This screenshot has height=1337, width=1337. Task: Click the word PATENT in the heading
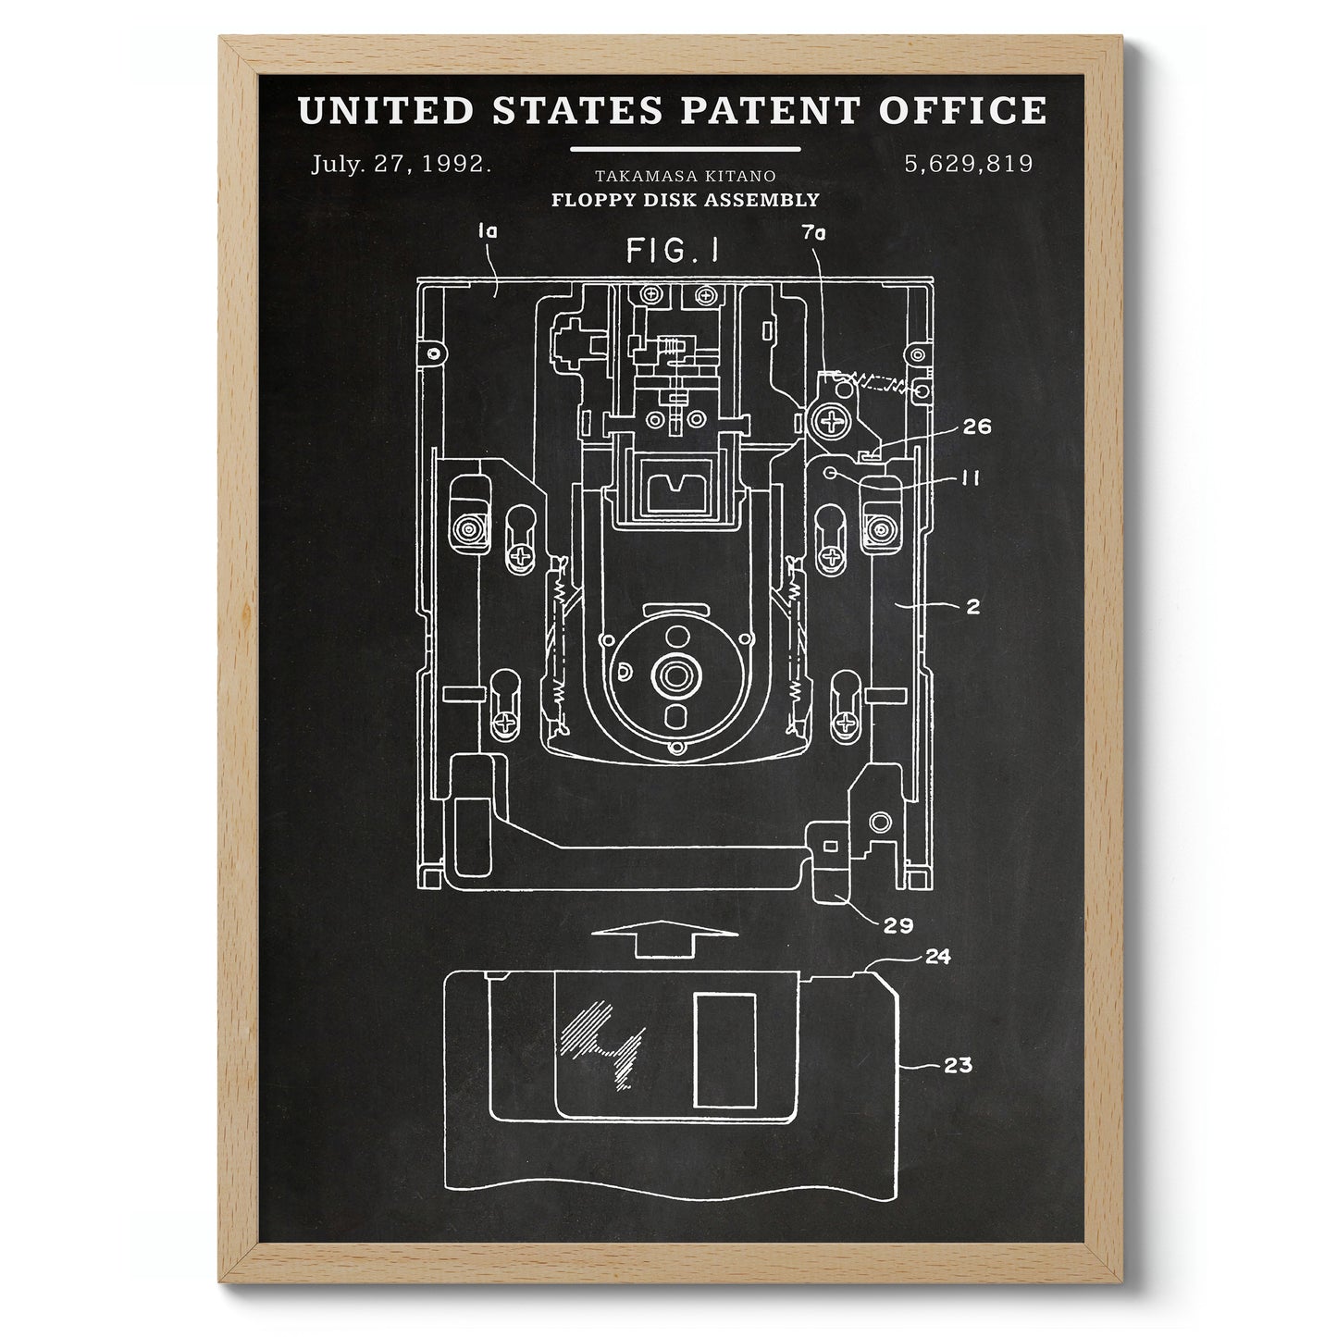[770, 110]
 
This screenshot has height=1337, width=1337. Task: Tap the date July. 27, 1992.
[401, 164]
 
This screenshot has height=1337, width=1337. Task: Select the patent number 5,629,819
[969, 164]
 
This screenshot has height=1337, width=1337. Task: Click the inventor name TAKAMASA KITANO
[685, 176]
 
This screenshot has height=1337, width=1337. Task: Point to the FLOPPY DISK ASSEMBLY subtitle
[685, 200]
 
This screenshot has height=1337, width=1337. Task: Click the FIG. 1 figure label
[673, 251]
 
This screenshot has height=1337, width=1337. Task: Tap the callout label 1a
[488, 232]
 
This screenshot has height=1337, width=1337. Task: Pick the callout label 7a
[814, 233]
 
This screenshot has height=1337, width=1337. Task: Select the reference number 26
[977, 426]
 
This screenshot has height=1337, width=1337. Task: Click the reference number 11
[972, 477]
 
